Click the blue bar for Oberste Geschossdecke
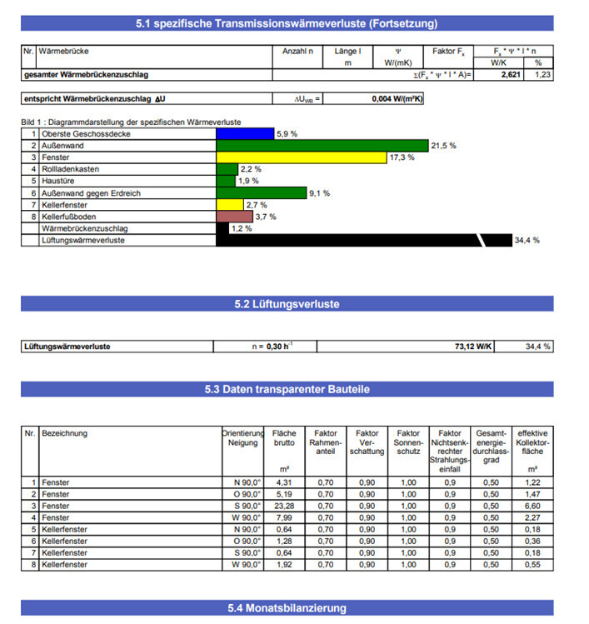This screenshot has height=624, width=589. click(244, 133)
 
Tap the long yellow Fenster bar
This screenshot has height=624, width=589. click(302, 157)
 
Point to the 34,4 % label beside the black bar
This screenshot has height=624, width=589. click(527, 240)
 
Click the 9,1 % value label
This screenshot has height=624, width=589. click(319, 193)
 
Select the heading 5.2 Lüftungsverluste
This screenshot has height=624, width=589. click(287, 304)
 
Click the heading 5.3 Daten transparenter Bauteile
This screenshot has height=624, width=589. click(287, 389)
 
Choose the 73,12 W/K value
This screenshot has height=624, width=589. click(472, 346)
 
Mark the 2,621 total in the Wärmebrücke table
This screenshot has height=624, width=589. click(511, 75)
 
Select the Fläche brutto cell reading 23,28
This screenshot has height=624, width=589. click(285, 506)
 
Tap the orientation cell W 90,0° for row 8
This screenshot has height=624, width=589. click(247, 564)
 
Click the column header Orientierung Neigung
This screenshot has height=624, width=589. click(242, 438)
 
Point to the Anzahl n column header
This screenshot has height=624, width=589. click(297, 51)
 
